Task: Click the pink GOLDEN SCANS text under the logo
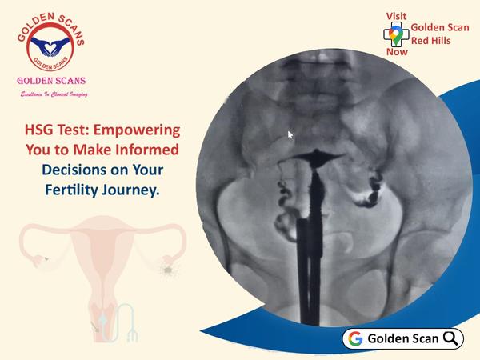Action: [x=51, y=81]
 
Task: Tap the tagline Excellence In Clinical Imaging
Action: [x=54, y=94]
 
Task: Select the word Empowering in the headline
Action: [x=137, y=130]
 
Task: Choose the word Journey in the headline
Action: [x=130, y=190]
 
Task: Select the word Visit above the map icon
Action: [x=397, y=16]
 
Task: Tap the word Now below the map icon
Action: [x=397, y=52]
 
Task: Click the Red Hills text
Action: [x=430, y=41]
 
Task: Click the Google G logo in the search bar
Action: [x=355, y=338]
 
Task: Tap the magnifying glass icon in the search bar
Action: [x=450, y=338]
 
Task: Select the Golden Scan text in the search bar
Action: [x=403, y=338]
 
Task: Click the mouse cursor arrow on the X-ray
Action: [x=290, y=135]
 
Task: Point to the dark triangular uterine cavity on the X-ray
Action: [x=317, y=158]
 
